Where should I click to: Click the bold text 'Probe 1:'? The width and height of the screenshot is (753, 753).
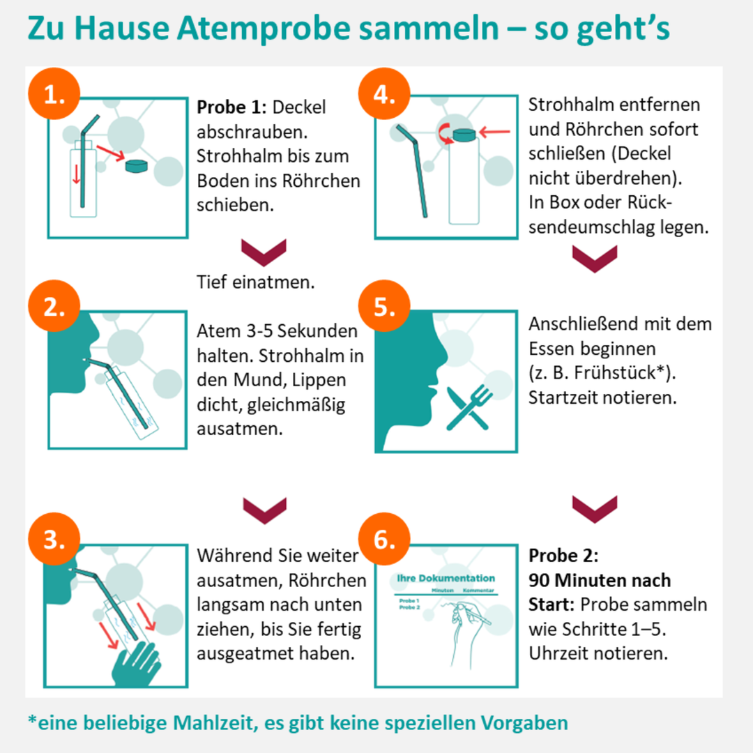[232, 108]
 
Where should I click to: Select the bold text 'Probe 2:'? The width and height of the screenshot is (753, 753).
[563, 556]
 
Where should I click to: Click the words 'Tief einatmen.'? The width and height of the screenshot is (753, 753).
[256, 283]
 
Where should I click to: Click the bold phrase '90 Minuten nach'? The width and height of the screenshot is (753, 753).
[600, 580]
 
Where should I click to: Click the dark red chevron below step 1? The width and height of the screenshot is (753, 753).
[264, 251]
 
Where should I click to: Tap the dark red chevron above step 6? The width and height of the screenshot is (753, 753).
[594, 507]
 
